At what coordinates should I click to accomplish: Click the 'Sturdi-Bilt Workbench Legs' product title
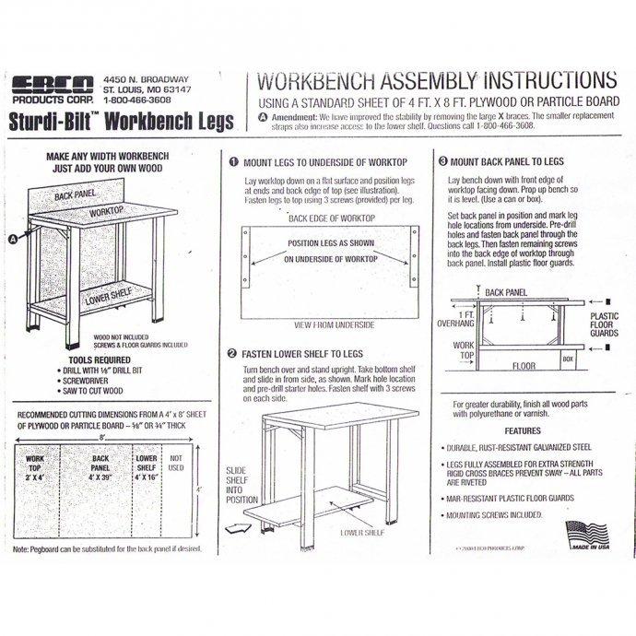[x=124, y=121]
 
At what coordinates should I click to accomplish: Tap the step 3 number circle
[x=442, y=161]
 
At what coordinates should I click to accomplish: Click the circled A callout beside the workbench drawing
[x=13, y=238]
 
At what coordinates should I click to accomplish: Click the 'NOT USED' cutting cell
[x=177, y=461]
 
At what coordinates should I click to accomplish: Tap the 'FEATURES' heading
[x=522, y=430]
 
